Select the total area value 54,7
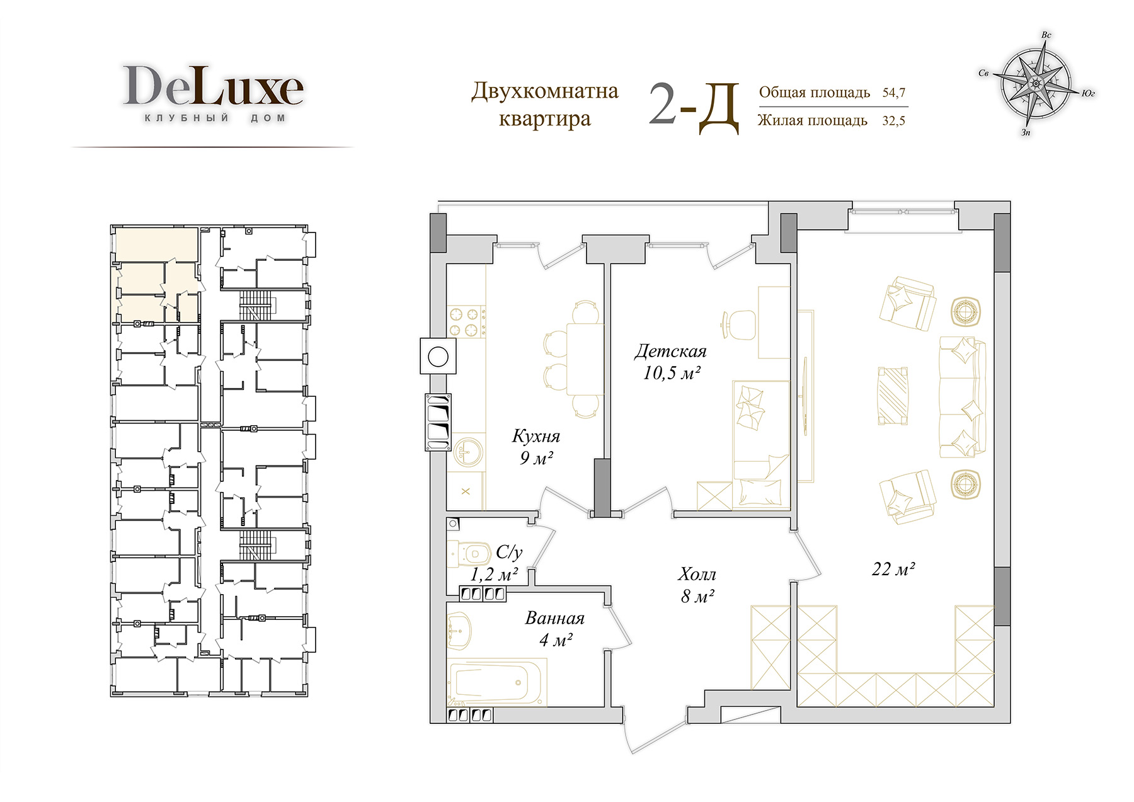(x=894, y=93)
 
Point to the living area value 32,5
(x=893, y=120)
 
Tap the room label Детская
(x=670, y=351)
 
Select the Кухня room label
(x=536, y=436)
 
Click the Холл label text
(x=697, y=574)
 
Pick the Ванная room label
(x=555, y=618)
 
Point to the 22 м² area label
(x=893, y=569)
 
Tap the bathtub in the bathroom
(x=497, y=682)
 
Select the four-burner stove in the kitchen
(x=466, y=321)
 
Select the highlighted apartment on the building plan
(x=156, y=275)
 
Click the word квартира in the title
(x=545, y=119)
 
